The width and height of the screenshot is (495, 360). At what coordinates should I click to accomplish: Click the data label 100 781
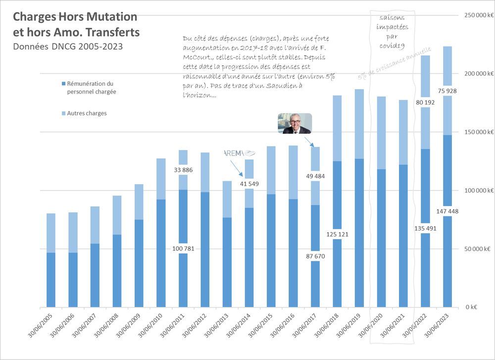point(183,249)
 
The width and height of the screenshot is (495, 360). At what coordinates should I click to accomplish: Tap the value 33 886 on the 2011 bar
point(183,170)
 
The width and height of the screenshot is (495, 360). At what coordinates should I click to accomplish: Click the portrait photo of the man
point(295,124)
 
